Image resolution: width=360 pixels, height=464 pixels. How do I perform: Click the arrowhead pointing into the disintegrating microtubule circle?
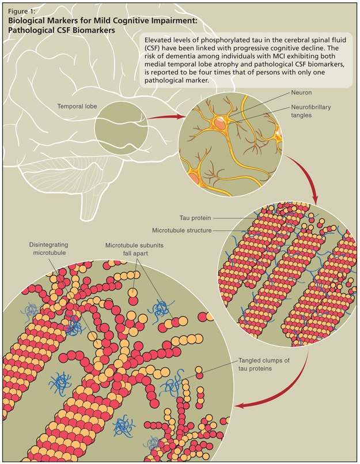pos(242,406)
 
